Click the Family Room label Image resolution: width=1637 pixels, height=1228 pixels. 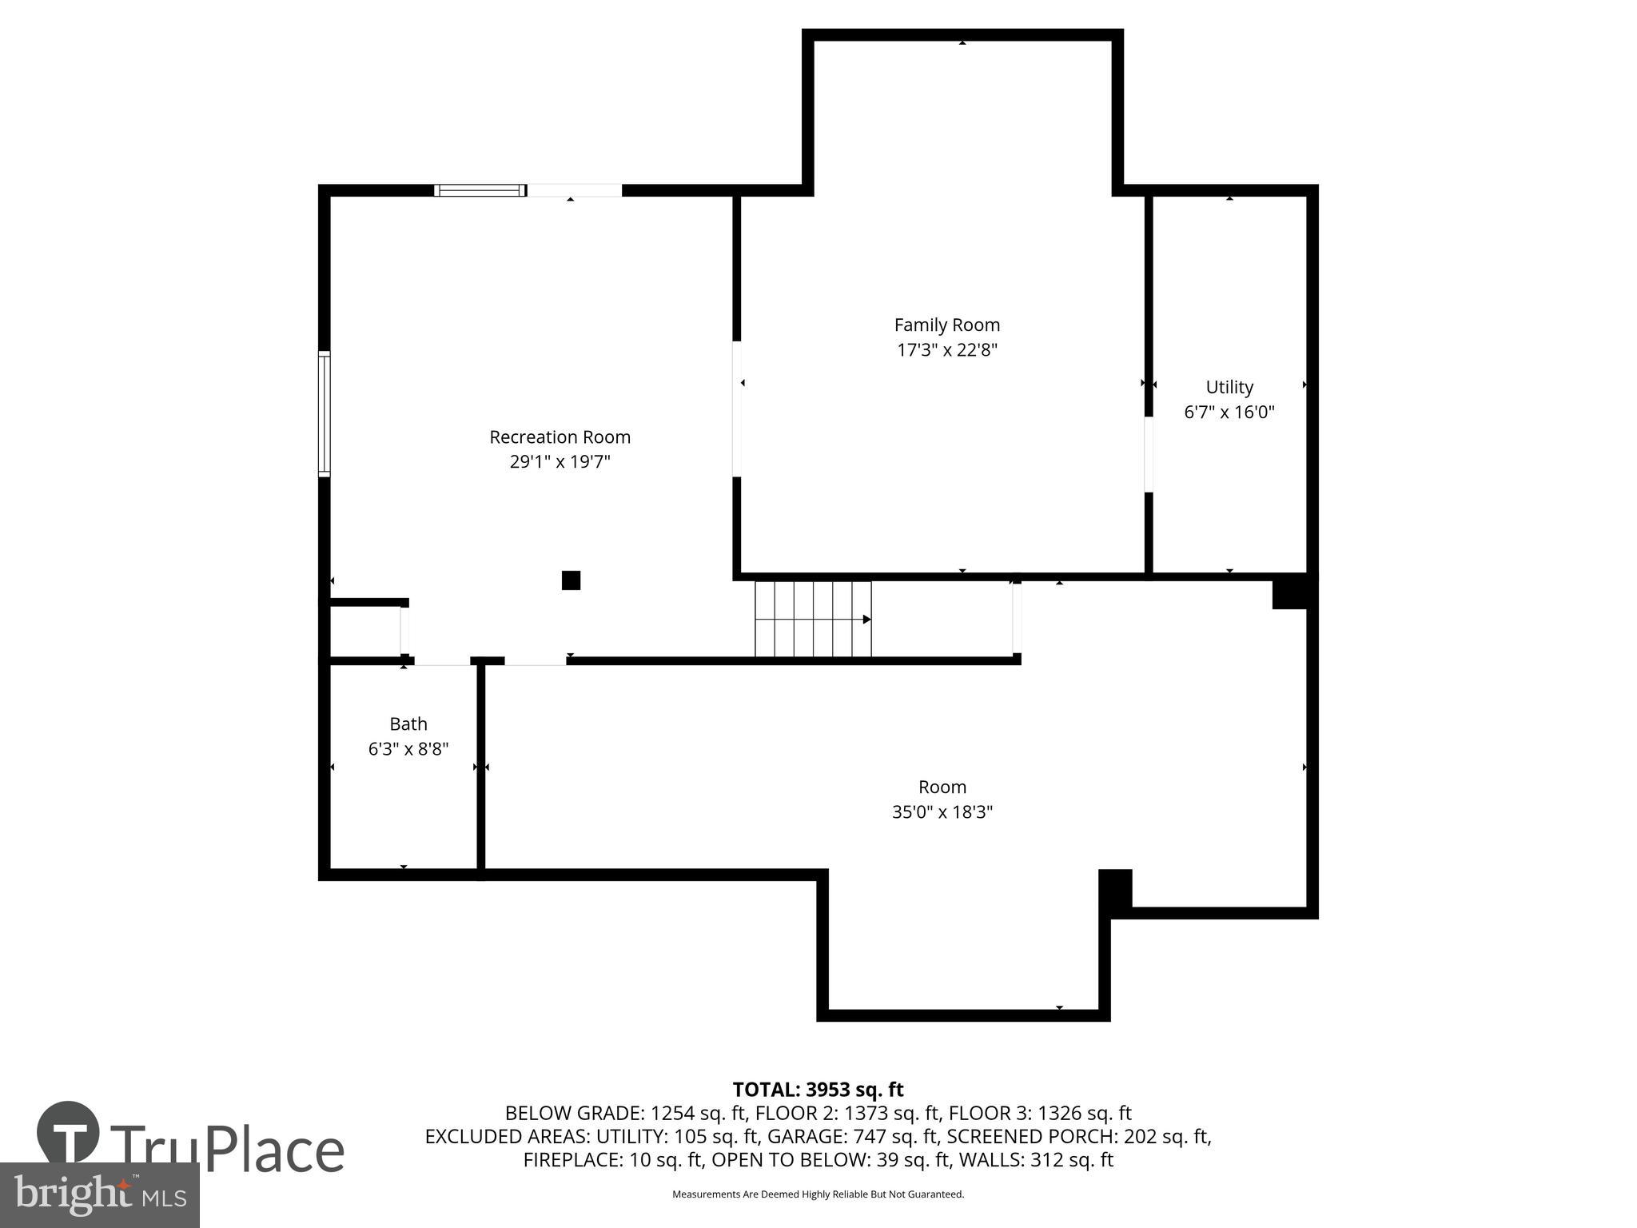coord(946,325)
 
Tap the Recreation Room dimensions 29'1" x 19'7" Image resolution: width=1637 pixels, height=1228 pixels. coord(560,462)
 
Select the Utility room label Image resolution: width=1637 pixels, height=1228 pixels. coord(1229,387)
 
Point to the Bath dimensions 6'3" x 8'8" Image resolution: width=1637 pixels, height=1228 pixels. coord(408,749)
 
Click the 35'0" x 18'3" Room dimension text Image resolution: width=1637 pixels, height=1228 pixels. coord(942,812)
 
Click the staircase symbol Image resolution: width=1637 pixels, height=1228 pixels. coord(813,620)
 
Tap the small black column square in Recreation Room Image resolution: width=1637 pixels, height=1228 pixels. coord(571,580)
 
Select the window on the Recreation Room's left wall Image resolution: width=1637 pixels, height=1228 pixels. coord(325,414)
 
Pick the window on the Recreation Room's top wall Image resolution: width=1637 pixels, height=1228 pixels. coord(480,190)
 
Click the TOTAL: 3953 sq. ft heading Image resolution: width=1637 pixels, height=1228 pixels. coord(818,1090)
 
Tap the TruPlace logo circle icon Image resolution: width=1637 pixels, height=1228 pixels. coord(68,1132)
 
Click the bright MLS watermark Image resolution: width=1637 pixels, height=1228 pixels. coord(99,1194)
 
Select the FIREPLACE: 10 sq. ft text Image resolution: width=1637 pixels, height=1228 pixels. coord(613,1160)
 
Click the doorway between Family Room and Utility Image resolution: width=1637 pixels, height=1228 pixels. coord(1149,454)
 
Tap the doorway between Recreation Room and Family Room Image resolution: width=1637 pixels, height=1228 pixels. coord(737,409)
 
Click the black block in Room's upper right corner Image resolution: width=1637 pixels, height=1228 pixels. coord(1288,593)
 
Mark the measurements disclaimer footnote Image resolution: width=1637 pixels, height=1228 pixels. coord(818,1194)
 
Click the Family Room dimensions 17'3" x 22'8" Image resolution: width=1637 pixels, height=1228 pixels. coord(946,350)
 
